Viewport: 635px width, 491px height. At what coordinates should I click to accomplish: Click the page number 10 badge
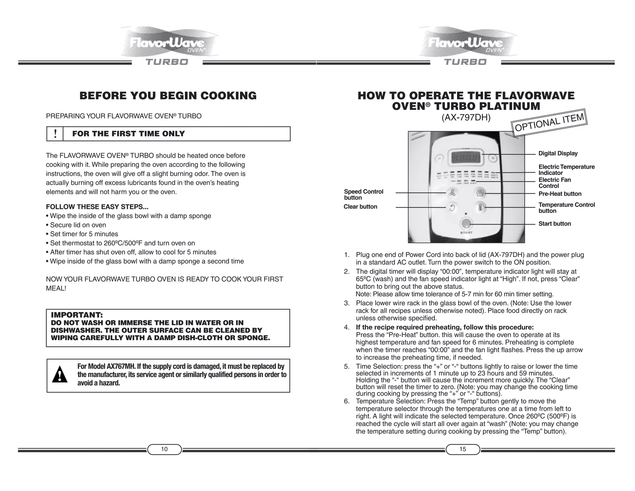pos(164,449)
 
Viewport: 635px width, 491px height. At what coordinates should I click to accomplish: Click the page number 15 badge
pos(463,449)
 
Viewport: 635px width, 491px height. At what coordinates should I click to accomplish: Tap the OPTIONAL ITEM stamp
pos(549,123)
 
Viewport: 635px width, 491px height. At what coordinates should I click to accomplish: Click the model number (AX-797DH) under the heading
pos(466,118)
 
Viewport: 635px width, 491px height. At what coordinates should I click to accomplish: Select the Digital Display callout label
pos(558,153)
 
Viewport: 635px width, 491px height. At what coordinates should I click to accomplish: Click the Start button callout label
pos(554,224)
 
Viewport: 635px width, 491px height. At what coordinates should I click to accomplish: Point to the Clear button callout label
pos(360,207)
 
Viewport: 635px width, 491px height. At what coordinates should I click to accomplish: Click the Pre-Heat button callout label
pos(560,194)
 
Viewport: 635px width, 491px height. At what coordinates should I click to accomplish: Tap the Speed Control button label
pos(363,195)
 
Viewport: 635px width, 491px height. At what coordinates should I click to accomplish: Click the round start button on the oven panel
pos(466,223)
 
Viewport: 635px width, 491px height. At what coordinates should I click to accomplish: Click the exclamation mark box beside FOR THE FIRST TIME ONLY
pos(55,134)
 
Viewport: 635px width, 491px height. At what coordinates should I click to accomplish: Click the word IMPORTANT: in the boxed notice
pos(77,315)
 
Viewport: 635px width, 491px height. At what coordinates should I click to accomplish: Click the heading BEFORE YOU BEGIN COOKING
pos(168,96)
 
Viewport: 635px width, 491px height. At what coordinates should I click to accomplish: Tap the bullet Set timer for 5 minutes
pos(84,234)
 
